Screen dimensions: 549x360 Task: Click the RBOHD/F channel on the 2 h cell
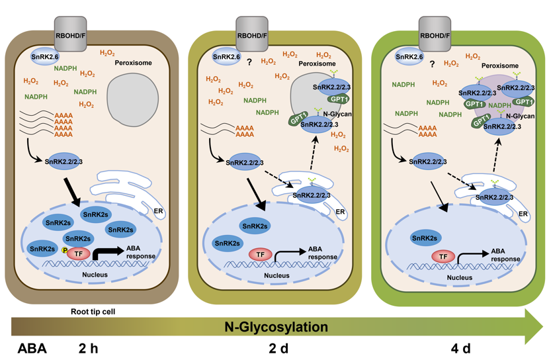(x=70, y=34)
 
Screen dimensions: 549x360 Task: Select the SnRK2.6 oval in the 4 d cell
(x=409, y=57)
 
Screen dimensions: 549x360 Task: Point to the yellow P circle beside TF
(x=64, y=250)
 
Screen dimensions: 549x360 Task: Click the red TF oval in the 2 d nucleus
(x=260, y=255)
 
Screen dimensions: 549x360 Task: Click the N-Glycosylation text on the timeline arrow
(x=276, y=327)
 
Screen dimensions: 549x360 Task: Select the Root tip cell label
(x=93, y=311)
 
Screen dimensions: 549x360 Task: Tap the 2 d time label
(x=278, y=349)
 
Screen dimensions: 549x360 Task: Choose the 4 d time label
(x=461, y=349)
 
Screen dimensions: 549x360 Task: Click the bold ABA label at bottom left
(x=32, y=349)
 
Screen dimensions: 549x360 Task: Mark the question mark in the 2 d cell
(x=249, y=62)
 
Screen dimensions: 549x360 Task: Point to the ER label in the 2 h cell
(x=158, y=211)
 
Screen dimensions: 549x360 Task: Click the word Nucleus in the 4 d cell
(x=459, y=277)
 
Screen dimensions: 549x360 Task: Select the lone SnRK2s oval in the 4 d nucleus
(x=425, y=238)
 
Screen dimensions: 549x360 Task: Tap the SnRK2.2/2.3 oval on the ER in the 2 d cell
(x=312, y=195)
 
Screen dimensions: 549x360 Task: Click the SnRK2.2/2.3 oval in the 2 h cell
(x=63, y=161)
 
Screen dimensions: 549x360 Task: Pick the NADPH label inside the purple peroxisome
(x=499, y=105)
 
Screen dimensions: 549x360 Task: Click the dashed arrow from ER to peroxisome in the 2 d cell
(x=313, y=154)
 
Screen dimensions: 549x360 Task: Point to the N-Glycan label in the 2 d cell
(x=337, y=114)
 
